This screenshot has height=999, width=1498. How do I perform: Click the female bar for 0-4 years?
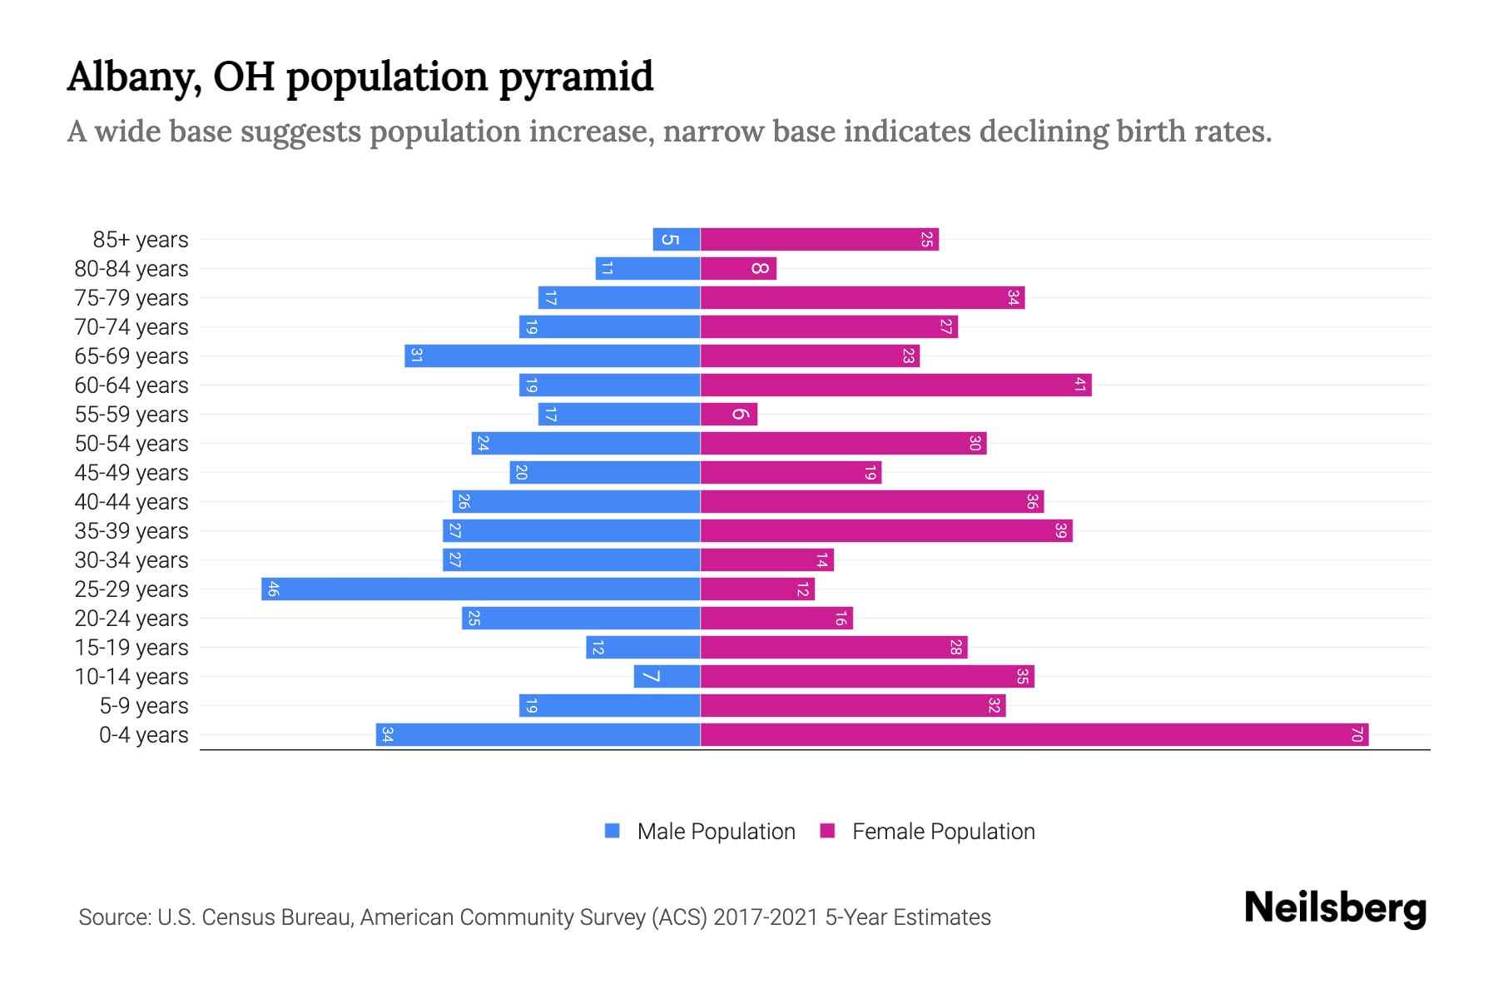click(1034, 735)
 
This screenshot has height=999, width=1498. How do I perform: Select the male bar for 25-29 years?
click(480, 589)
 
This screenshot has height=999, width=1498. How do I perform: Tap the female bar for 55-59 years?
click(729, 415)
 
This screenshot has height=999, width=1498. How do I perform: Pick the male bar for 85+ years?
click(676, 240)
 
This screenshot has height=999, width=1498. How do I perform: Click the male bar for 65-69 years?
click(552, 356)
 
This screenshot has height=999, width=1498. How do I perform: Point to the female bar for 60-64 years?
click(895, 385)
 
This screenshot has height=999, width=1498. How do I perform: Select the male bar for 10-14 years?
click(667, 677)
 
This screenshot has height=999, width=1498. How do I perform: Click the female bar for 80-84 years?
click(738, 269)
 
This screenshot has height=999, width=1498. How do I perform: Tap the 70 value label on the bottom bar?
click(1357, 735)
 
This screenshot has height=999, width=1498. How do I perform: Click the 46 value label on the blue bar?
click(273, 589)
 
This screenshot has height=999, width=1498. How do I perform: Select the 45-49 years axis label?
click(131, 473)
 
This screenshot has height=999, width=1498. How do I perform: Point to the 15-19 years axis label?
click(131, 648)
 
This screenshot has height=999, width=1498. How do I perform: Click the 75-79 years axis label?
click(131, 298)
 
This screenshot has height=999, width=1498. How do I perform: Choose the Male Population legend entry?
click(716, 832)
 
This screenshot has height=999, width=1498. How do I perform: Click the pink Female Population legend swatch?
click(827, 831)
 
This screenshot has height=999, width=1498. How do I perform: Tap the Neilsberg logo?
click(1335, 907)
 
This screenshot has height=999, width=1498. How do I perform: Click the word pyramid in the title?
click(576, 77)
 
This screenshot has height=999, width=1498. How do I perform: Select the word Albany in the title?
click(134, 77)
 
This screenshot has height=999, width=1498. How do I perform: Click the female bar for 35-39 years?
click(886, 531)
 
